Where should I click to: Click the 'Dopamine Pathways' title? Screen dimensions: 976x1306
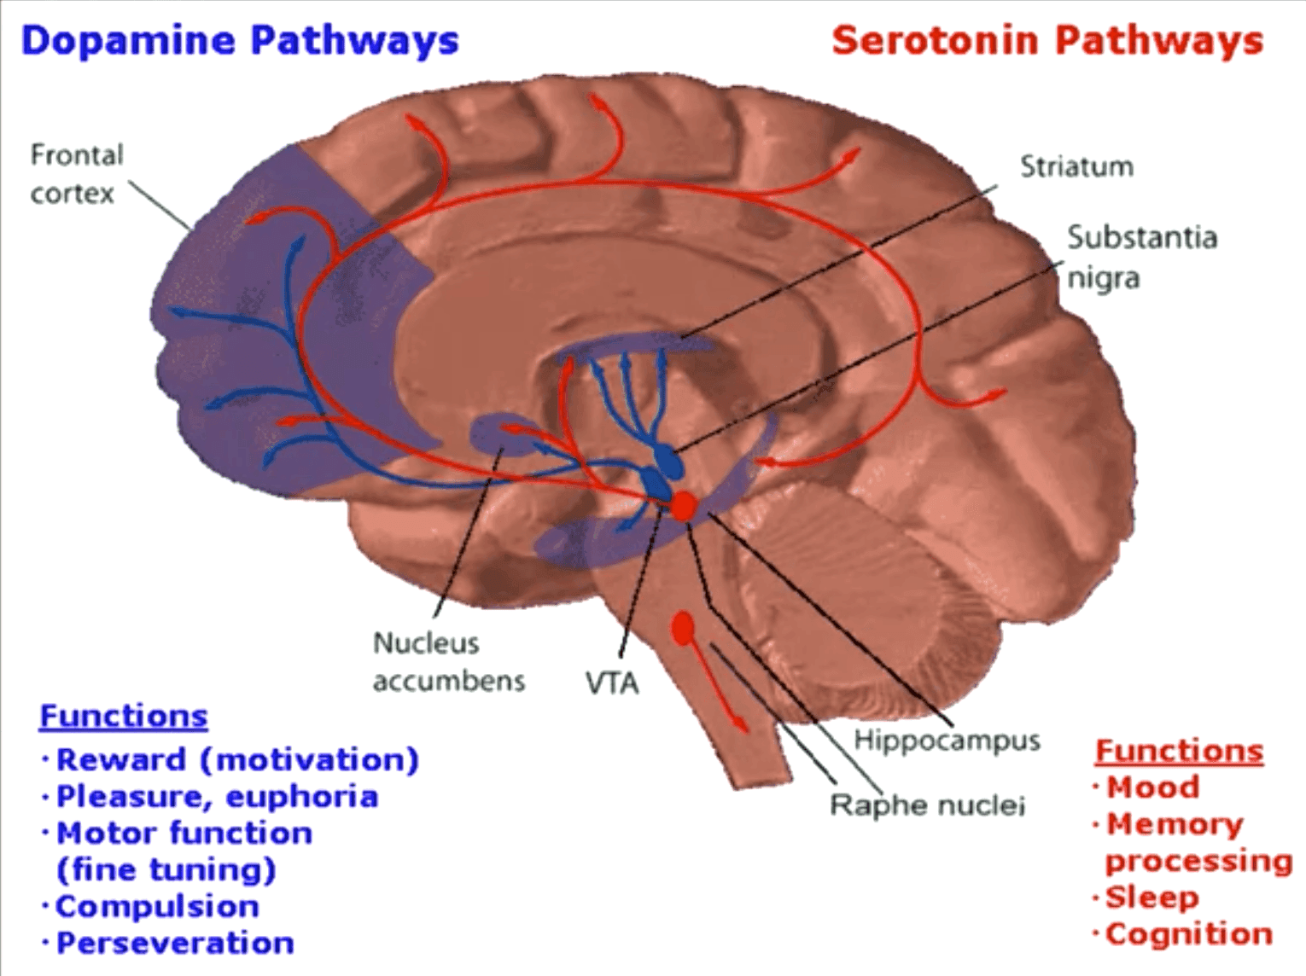(239, 41)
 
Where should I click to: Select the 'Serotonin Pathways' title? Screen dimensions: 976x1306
(1047, 41)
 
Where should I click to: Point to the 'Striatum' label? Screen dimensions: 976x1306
(1076, 166)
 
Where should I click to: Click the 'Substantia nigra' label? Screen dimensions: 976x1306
(1140, 257)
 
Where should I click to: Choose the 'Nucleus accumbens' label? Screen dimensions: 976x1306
(447, 661)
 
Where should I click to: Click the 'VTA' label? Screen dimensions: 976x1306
(612, 683)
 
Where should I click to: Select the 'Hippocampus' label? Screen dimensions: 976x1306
(947, 740)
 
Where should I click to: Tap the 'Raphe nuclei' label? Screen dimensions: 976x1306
(927, 805)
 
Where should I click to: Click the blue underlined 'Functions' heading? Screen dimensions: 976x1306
(124, 716)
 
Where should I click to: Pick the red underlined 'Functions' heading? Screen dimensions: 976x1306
(1179, 751)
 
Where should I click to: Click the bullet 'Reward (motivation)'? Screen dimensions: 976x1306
(237, 759)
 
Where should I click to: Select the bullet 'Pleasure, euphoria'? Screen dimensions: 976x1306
(217, 797)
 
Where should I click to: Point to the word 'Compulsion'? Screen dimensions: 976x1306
(157, 906)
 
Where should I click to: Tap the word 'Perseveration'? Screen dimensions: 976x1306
(175, 943)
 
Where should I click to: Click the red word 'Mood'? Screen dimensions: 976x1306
(1152, 787)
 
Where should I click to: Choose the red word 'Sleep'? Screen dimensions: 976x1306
(1151, 898)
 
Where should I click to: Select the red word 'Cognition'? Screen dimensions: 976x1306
(1188, 934)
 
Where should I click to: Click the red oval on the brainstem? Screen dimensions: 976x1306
(682, 630)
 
